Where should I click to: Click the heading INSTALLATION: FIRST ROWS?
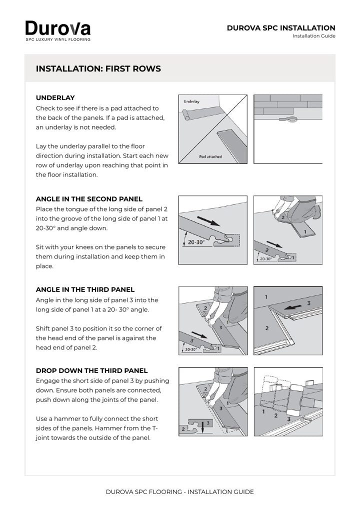(98, 69)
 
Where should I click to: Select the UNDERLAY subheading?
(55, 97)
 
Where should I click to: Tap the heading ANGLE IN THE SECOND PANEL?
(89, 199)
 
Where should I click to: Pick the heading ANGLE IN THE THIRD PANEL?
(85, 289)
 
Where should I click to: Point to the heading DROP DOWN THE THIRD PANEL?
(91, 370)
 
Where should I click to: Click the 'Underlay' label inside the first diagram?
(191, 101)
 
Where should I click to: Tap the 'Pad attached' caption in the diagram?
(210, 156)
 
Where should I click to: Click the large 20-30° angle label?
(196, 242)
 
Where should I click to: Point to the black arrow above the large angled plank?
(208, 221)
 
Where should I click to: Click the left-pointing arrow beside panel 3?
(293, 307)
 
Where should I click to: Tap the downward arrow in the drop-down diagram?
(202, 426)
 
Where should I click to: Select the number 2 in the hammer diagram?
(276, 415)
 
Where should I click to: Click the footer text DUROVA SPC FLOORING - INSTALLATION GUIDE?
(180, 492)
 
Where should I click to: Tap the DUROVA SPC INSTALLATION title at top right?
(281, 28)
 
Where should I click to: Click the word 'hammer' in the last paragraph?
(66, 419)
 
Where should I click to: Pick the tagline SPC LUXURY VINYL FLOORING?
(58, 39)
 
